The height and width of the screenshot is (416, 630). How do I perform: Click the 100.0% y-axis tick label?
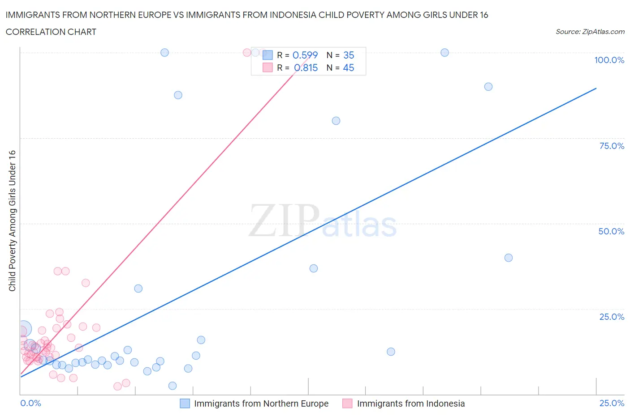click(x=609, y=60)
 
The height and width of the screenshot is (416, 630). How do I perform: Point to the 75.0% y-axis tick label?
click(x=612, y=146)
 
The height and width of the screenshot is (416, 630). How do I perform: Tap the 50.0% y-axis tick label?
click(x=611, y=231)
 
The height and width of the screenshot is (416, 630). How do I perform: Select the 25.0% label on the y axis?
click(x=612, y=317)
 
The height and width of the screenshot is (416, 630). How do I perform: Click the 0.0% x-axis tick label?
click(x=31, y=403)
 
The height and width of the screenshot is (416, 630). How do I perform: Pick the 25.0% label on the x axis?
click(x=612, y=403)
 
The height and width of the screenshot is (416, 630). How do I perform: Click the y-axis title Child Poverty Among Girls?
click(x=13, y=221)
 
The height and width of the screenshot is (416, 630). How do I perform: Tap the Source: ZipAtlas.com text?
click(x=590, y=32)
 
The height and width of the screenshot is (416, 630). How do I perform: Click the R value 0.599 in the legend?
click(x=305, y=55)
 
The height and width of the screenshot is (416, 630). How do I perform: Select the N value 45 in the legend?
click(x=348, y=68)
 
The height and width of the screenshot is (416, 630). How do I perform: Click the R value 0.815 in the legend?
click(x=306, y=68)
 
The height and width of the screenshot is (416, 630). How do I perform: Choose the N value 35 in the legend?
click(x=348, y=55)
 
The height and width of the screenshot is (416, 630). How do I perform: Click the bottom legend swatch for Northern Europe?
click(x=185, y=403)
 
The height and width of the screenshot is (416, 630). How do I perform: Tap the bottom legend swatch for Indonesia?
click(x=347, y=403)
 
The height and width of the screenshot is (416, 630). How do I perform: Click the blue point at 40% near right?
click(x=508, y=258)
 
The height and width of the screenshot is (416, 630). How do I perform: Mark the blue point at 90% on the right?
click(x=488, y=87)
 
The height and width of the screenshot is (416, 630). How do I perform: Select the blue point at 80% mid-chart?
click(x=336, y=121)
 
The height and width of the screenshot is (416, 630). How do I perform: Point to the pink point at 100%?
click(x=247, y=52)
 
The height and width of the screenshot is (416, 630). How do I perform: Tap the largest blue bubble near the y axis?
click(x=24, y=329)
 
